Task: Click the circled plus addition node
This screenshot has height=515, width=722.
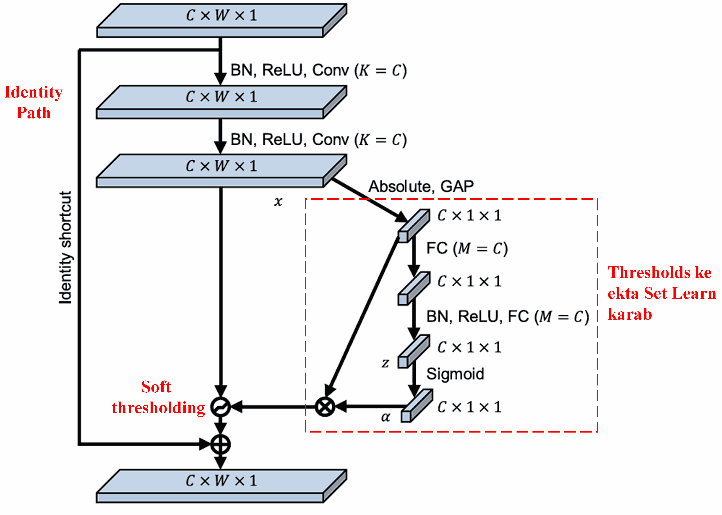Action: click(220, 444)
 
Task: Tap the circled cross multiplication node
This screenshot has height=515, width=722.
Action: click(325, 407)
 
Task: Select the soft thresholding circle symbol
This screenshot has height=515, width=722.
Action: click(220, 407)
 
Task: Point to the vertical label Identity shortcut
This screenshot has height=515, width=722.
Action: click(65, 247)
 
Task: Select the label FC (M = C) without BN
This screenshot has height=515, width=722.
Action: click(467, 248)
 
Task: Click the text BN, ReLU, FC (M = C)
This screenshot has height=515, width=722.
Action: click(507, 316)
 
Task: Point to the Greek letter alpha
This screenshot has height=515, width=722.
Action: click(385, 417)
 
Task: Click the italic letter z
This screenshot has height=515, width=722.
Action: click(385, 362)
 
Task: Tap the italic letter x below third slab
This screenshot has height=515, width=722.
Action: click(278, 201)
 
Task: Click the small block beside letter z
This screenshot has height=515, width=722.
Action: click(413, 351)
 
